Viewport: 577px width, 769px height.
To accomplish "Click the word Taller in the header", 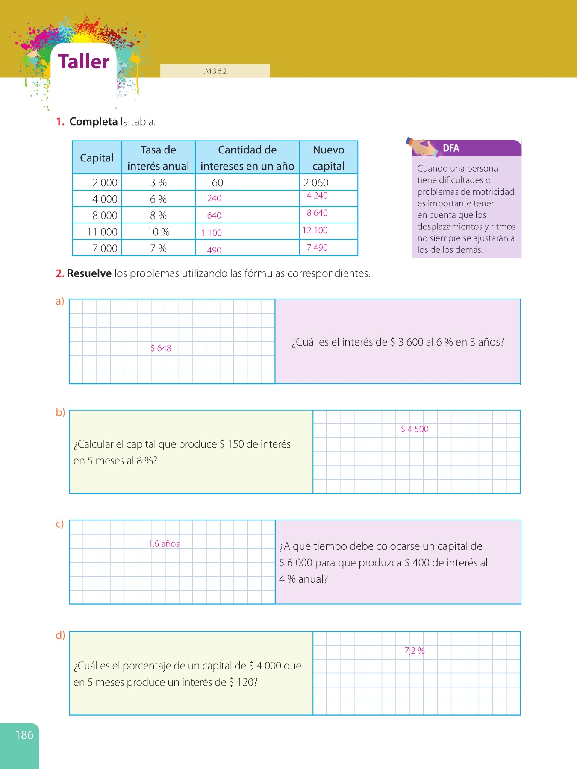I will click(84, 62).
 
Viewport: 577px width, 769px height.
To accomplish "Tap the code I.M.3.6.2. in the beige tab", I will click(215, 71).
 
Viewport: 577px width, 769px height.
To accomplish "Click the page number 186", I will click(24, 735).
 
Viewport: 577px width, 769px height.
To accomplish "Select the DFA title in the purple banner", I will click(451, 148).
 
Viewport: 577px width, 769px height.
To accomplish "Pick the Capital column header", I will click(97, 158).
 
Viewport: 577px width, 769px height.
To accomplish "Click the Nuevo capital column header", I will click(328, 158).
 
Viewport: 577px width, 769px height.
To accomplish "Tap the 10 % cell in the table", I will click(159, 232).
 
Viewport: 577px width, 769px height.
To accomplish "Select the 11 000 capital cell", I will click(102, 232).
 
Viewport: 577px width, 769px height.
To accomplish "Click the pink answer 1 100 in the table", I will click(212, 233).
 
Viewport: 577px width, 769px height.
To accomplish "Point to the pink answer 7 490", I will click(317, 248).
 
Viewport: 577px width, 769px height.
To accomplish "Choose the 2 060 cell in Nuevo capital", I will click(316, 183).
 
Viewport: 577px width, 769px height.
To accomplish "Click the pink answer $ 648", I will click(161, 348).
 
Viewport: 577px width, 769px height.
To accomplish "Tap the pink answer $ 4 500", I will click(415, 429).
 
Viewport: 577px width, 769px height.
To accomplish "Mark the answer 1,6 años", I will click(164, 544).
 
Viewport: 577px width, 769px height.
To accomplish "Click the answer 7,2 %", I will click(415, 651).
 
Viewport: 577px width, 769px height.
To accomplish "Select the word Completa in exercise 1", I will click(93, 122).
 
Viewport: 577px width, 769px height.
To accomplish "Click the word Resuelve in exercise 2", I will click(89, 273).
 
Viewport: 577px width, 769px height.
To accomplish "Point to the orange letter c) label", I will click(60, 524).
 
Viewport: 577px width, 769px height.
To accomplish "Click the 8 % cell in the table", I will click(158, 216).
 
